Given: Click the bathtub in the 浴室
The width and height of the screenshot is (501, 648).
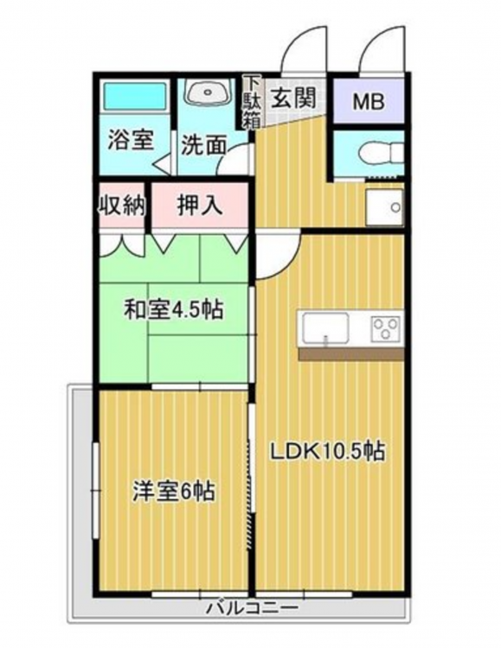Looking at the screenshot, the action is [x=134, y=96].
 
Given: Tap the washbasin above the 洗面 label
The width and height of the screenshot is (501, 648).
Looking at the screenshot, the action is [x=207, y=92].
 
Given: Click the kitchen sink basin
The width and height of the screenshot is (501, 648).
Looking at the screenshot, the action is [x=326, y=328].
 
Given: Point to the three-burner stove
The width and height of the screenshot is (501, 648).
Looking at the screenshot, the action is [x=386, y=328].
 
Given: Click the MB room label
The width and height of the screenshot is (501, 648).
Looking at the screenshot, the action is [x=369, y=102].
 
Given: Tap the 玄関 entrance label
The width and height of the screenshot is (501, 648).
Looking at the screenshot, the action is [x=293, y=98].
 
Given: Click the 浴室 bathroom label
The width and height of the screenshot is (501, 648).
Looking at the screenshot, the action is [x=131, y=140].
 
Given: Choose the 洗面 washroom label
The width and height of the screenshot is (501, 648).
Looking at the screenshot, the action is [x=203, y=145].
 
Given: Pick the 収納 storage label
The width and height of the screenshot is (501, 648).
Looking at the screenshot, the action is [x=122, y=205].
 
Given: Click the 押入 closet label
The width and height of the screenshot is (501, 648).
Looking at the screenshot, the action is [x=200, y=205].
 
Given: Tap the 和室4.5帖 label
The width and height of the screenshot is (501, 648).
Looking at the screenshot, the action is [x=174, y=309].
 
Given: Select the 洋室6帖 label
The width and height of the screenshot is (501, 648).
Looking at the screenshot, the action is [x=173, y=492].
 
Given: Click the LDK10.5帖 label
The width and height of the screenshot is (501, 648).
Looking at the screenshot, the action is [x=328, y=452].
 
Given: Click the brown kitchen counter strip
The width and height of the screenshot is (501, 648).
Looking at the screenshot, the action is [x=351, y=353].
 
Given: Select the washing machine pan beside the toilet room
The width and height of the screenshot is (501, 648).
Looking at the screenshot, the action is [x=384, y=207].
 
